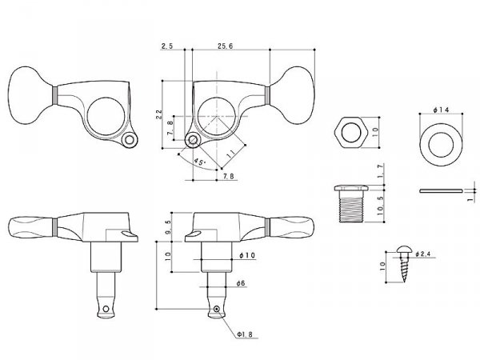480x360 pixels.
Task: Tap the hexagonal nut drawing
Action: coord(350,130)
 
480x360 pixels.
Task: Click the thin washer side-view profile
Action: coord(439,190)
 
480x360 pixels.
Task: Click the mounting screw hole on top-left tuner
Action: coord(130,142)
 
